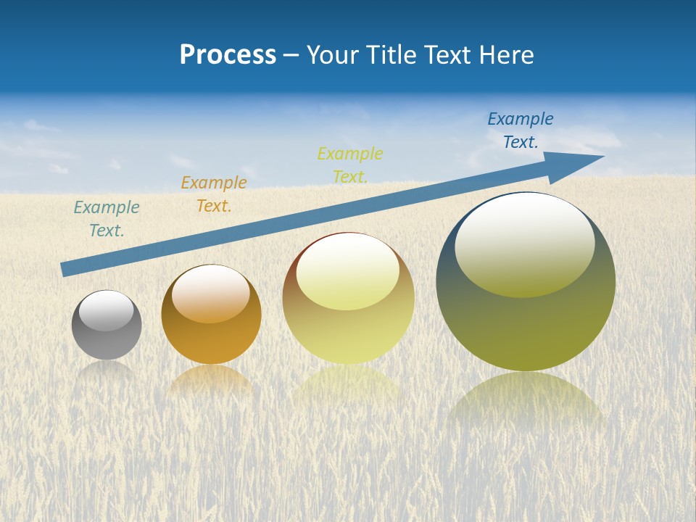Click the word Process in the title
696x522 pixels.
pyautogui.click(x=228, y=55)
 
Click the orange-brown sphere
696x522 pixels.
pyautogui.click(x=211, y=337)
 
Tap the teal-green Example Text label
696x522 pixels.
pyautogui.click(x=107, y=219)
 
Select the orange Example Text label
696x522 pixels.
pyautogui.click(x=214, y=194)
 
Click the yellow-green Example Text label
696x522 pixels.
pyautogui.click(x=350, y=165)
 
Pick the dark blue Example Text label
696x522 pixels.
pyautogui.click(x=521, y=130)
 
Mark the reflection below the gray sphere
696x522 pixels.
pyautogui.click(x=107, y=371)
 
